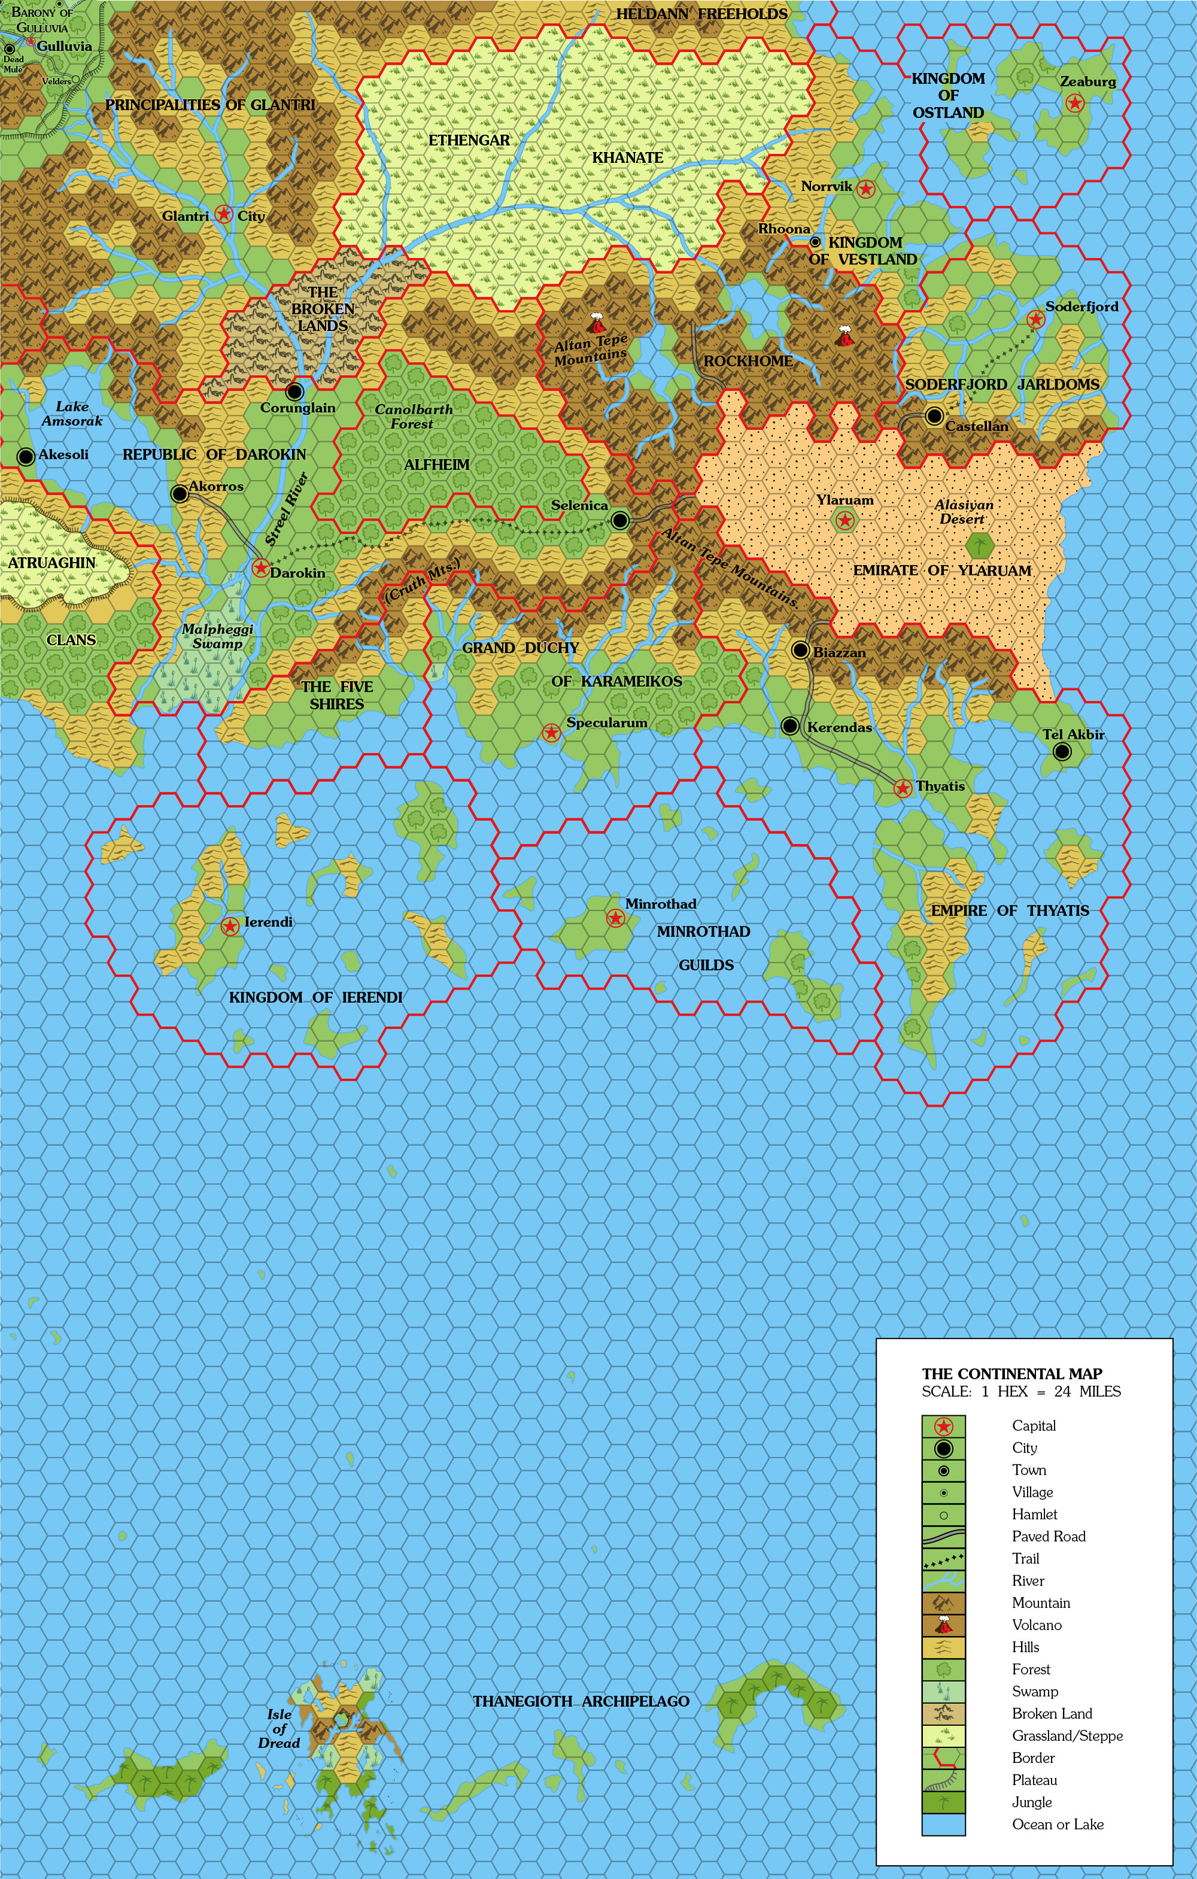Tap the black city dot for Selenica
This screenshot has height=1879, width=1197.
click(x=619, y=519)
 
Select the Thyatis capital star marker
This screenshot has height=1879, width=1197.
click(x=903, y=788)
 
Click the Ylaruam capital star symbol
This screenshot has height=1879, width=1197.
click(x=844, y=521)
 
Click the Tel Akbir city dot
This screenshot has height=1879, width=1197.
click(x=1061, y=752)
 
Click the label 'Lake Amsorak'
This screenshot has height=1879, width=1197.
click(x=72, y=413)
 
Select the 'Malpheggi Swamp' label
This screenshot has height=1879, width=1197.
click(x=217, y=636)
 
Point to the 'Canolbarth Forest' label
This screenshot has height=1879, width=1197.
click(x=413, y=416)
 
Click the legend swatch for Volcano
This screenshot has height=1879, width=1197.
click(x=943, y=1625)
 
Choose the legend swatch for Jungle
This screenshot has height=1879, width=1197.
click(x=943, y=1802)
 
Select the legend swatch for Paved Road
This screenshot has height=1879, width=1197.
click(x=943, y=1537)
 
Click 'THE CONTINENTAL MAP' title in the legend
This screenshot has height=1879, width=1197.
click(x=1011, y=1373)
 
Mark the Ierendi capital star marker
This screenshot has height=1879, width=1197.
click(x=229, y=926)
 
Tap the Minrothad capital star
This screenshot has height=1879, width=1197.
click(x=615, y=919)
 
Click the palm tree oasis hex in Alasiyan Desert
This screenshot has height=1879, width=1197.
click(x=979, y=545)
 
